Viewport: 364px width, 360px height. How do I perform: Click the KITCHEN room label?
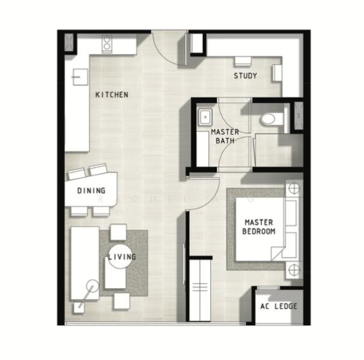(112, 95)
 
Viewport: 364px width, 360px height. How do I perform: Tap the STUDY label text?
(246, 76)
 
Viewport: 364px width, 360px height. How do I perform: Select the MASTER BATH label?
(225, 136)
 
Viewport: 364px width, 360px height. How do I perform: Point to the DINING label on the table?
(92, 191)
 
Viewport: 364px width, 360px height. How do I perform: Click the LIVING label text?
(122, 257)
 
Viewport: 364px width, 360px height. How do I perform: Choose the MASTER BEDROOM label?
(259, 226)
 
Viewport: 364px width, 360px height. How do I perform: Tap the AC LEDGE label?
(278, 306)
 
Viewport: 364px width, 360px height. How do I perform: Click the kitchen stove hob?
(107, 43)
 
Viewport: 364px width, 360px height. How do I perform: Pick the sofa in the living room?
(84, 262)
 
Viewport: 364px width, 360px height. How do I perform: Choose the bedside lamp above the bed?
(294, 188)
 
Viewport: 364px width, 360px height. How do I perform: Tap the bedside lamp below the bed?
(294, 269)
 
